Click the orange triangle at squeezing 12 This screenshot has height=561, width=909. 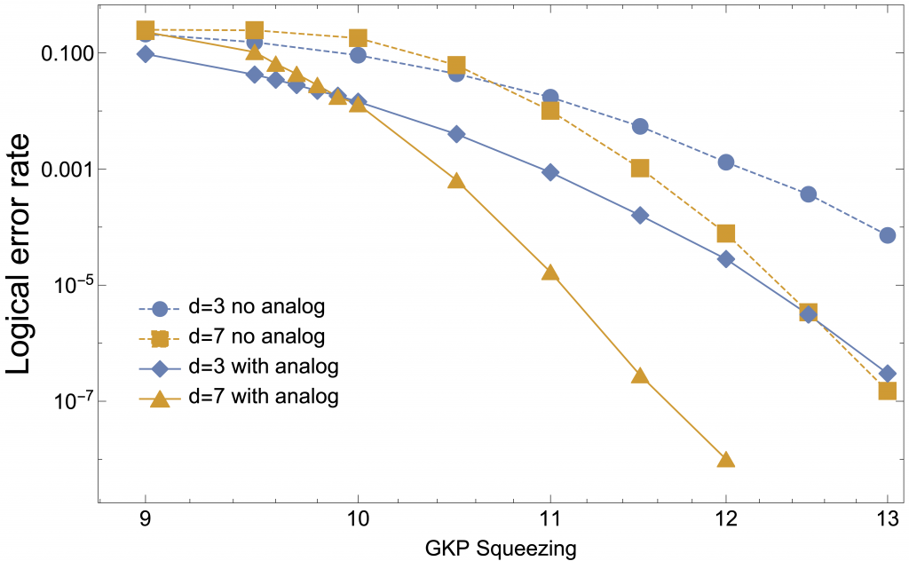coord(726,460)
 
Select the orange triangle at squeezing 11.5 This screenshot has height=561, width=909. coord(640,375)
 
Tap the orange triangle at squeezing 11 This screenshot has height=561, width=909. coord(550,273)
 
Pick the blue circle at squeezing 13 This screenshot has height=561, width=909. coord(887,235)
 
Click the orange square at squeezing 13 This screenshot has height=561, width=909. coord(887,391)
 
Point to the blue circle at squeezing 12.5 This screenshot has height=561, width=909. coord(808,194)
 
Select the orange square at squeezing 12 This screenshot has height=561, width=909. coord(726,233)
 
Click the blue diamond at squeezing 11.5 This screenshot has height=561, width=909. coord(640,216)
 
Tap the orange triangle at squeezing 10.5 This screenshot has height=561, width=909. coord(456,180)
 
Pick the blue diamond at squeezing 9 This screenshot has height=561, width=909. coord(146,54)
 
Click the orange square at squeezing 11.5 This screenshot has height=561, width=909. coord(640,168)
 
